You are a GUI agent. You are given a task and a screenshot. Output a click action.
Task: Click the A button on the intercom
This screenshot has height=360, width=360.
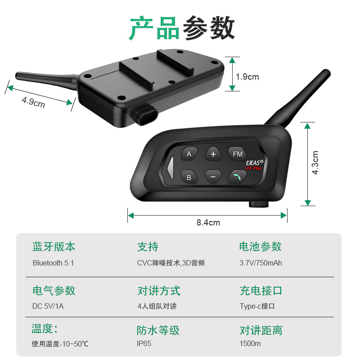[189, 154]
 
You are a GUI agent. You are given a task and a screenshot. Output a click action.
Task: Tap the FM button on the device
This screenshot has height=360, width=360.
[237, 154]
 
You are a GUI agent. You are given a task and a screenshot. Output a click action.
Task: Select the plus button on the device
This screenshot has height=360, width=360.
[213, 154]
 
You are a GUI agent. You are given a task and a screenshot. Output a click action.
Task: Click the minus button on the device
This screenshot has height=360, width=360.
[213, 177]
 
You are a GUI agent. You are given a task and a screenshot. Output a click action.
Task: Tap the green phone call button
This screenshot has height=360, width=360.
[237, 177]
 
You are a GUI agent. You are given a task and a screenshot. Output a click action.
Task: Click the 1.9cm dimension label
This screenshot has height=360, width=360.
[247, 77]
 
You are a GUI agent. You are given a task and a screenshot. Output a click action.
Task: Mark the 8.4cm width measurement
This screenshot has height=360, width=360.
[208, 222]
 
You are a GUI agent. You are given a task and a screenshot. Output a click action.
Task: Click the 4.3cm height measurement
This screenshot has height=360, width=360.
[315, 162]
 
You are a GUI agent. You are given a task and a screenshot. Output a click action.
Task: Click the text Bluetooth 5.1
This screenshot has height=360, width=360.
[53, 263]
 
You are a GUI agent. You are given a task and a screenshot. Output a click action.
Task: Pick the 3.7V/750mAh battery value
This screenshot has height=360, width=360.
[261, 263]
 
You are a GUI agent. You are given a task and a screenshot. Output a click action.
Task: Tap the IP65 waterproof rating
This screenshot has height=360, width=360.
[145, 344]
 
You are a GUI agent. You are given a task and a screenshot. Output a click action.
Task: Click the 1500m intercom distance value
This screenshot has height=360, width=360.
[250, 344]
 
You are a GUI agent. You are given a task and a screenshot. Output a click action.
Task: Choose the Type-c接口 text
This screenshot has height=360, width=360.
[257, 306]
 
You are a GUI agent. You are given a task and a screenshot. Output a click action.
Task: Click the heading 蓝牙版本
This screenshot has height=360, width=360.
[54, 247]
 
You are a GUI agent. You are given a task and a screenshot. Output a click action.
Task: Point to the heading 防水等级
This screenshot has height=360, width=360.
[158, 330]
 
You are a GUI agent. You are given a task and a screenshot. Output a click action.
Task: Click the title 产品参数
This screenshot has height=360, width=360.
[182, 28]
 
